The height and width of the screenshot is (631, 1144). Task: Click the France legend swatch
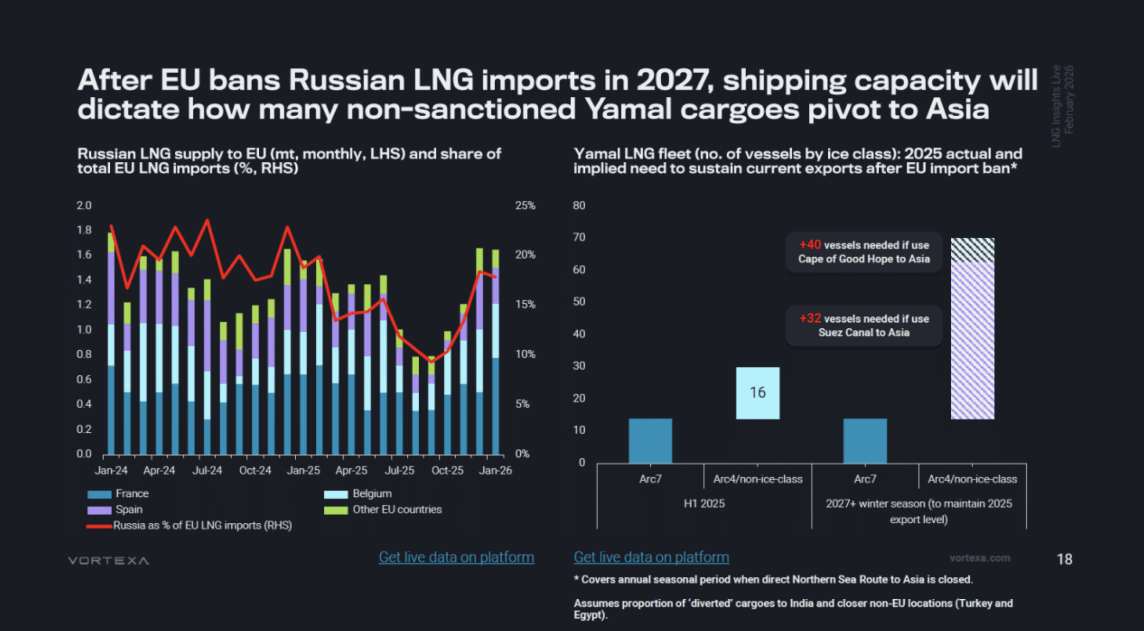pos(99,494)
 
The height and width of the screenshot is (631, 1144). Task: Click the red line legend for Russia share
pos(99,526)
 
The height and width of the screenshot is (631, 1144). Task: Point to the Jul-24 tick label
pos(207,470)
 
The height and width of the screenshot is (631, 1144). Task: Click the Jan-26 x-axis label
pos(495,470)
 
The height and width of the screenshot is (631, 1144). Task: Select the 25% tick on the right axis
pos(525,205)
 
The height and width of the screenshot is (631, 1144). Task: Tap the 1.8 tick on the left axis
pos(84,230)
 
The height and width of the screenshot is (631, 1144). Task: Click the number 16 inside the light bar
pos(758,392)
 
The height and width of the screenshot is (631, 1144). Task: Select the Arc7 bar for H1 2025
pos(650,440)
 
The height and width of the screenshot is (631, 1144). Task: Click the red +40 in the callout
pos(810,245)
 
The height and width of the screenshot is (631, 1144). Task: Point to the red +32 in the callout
pos(810,319)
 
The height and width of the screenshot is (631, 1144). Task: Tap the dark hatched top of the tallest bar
pos(972,250)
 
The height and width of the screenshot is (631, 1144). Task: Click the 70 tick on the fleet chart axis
pos(579,237)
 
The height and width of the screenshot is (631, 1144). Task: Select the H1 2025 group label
pos(704,503)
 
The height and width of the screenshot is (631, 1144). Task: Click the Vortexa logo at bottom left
pos(109,560)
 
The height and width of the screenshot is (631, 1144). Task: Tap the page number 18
pos(1065,559)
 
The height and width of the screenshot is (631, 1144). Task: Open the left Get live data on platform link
pos(456,557)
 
